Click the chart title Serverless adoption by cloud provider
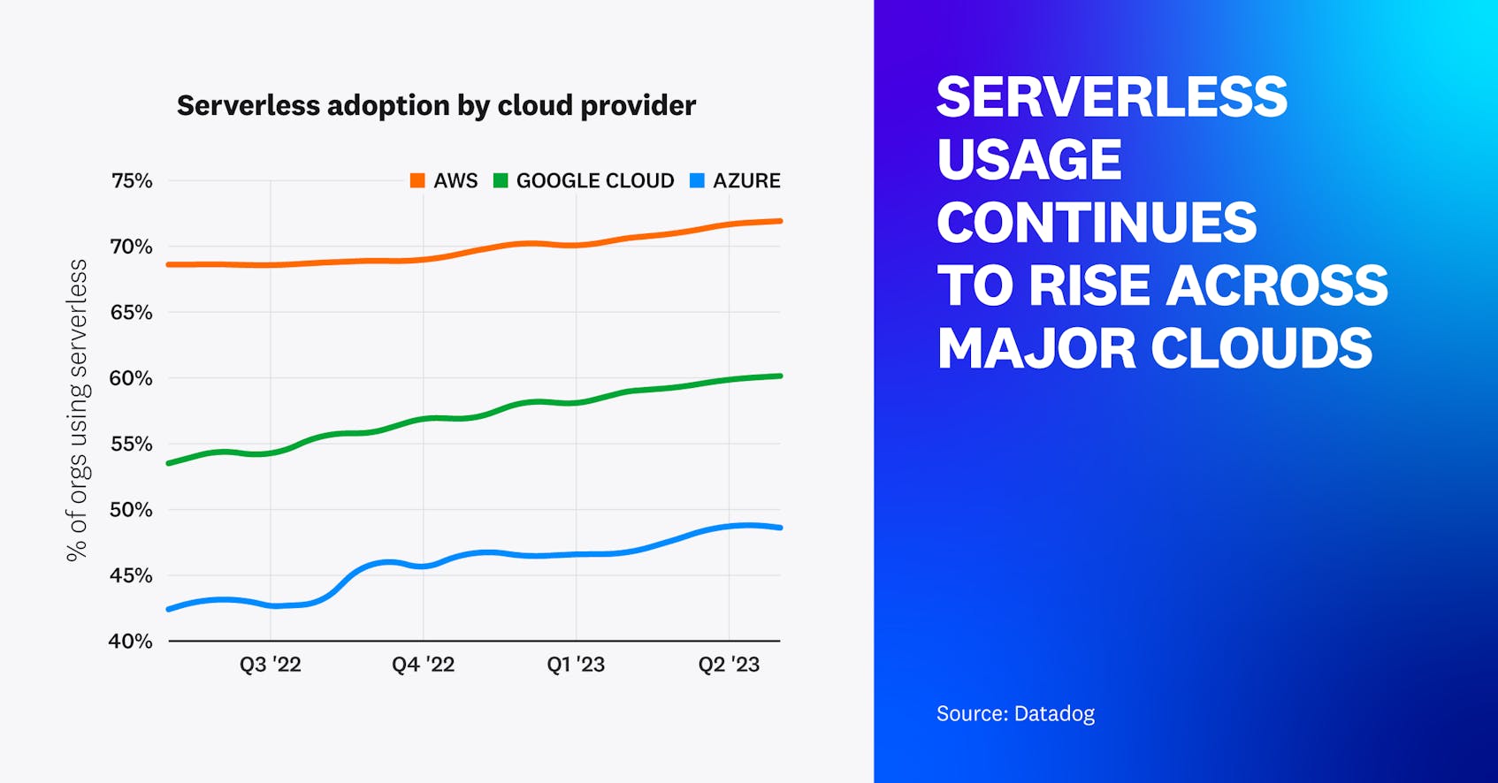click(436, 105)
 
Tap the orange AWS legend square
click(417, 181)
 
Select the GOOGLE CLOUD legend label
click(594, 181)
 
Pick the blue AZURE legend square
click(697, 181)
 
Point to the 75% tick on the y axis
click(132, 181)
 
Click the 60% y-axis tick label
click(132, 378)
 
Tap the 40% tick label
click(131, 642)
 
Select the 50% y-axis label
click(132, 510)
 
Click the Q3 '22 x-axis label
click(271, 665)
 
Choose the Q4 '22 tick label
click(423, 665)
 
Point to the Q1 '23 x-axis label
click(576, 665)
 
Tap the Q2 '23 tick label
click(729, 665)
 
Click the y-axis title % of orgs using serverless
click(78, 410)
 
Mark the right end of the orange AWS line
click(779, 221)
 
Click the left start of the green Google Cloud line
click(170, 463)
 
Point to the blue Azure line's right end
click(779, 528)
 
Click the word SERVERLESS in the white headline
click(1112, 97)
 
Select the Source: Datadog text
click(1015, 713)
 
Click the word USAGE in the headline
click(1028, 160)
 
